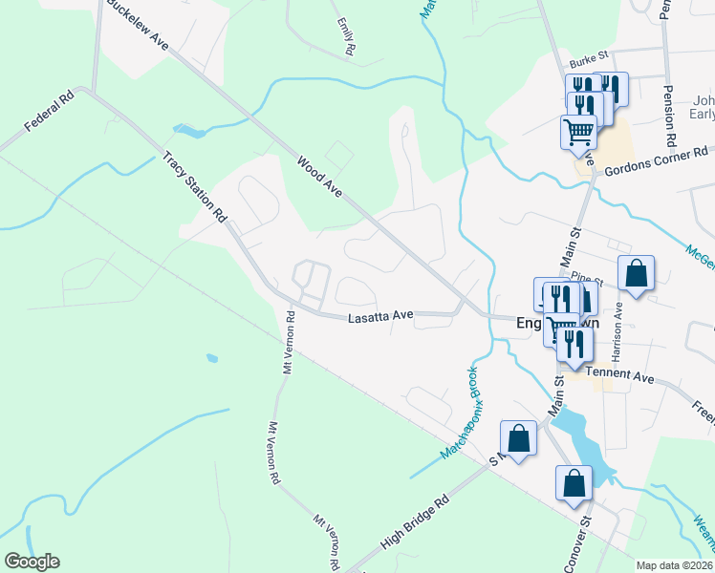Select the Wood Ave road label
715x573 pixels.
[319, 178]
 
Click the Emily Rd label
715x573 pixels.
[345, 35]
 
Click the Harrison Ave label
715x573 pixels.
[617, 326]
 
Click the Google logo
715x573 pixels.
[32, 562]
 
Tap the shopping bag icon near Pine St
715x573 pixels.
[636, 275]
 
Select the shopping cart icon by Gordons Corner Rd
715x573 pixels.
[578, 132]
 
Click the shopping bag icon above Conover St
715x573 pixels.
[574, 483]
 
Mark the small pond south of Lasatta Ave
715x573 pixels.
[211, 359]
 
